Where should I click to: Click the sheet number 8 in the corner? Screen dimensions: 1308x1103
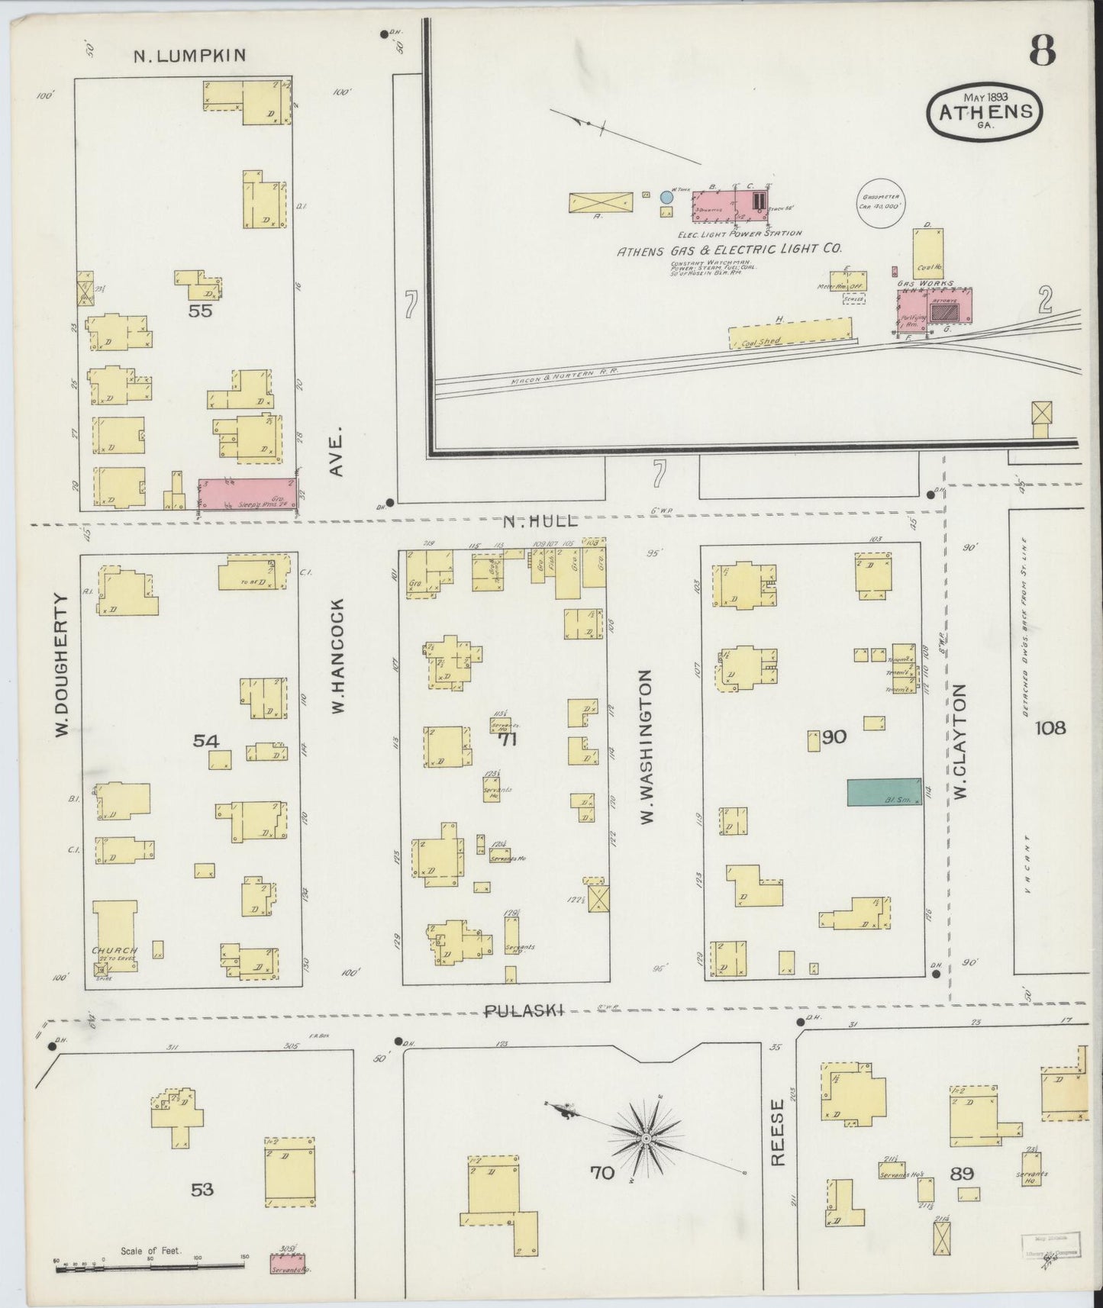[1042, 51]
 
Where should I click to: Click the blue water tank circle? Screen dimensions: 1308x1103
[666, 198]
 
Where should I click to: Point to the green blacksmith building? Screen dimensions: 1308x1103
[884, 791]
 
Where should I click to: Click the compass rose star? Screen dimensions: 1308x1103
[647, 1139]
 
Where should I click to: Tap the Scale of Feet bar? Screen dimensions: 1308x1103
[149, 1268]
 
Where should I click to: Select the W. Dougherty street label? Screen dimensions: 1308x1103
[63, 665]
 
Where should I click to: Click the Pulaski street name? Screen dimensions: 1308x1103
[524, 1010]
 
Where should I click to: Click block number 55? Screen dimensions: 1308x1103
[202, 311]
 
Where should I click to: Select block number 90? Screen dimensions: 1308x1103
[834, 737]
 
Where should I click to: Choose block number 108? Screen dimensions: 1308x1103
[1050, 728]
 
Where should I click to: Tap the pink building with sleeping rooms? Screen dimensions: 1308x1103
[247, 494]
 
